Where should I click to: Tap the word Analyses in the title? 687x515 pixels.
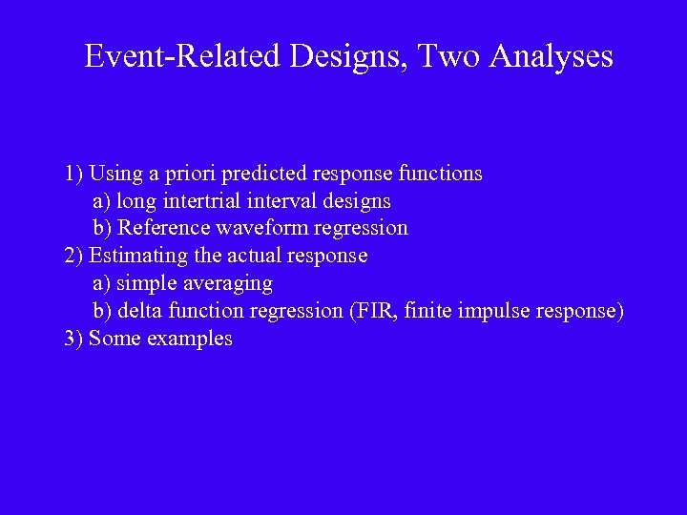tap(551, 56)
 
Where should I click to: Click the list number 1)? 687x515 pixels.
tap(74, 174)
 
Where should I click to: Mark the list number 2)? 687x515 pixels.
tap(74, 256)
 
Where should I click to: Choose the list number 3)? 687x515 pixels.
tap(74, 339)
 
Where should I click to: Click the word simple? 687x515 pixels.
tap(147, 283)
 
